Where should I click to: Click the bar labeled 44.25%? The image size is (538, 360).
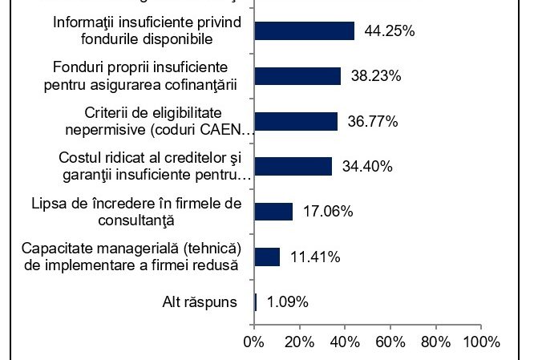(x=304, y=30)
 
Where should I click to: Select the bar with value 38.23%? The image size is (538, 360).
(x=297, y=76)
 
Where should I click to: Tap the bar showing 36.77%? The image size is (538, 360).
(x=296, y=121)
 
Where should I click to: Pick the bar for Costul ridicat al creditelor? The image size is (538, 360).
(x=293, y=166)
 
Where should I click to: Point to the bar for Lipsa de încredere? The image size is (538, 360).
(x=273, y=212)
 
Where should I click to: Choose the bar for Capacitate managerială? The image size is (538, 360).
(x=267, y=257)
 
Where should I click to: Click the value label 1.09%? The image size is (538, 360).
(x=287, y=302)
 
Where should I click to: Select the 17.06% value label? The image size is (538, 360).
(x=326, y=212)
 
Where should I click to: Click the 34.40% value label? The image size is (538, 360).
(x=366, y=167)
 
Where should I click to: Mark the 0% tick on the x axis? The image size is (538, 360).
(x=254, y=342)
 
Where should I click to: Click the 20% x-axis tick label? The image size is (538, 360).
(x=299, y=342)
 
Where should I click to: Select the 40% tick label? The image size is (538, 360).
(x=345, y=342)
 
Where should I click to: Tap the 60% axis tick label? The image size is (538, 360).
(x=390, y=342)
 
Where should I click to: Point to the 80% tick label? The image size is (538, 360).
(x=435, y=342)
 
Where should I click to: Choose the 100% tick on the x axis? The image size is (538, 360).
(x=480, y=342)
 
